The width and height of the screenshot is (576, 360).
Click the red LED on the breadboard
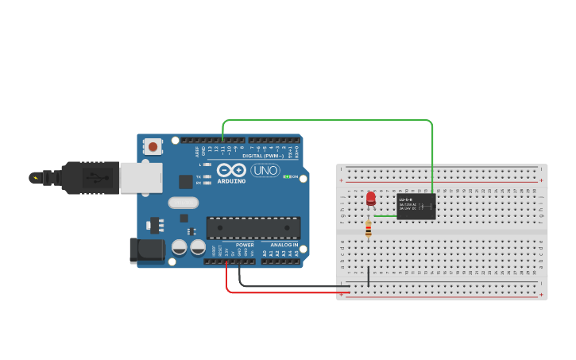coord(371,197)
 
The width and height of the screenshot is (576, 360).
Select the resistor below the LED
coord(368,230)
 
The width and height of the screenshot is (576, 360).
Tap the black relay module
coord(416,207)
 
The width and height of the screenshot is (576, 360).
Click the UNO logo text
coord(265,170)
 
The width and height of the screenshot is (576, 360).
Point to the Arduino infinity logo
coord(231,170)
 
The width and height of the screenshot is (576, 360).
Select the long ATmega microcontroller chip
coord(253,227)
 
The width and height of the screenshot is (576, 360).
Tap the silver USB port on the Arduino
coord(141,178)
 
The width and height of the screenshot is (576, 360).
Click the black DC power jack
coord(147,251)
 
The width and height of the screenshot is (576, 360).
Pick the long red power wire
coord(286,292)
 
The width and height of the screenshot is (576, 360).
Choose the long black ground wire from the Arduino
coord(294,285)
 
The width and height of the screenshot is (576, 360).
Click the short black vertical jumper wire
coord(368,277)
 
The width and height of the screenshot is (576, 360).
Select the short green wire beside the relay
coord(385,215)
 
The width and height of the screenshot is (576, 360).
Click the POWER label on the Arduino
coord(245,245)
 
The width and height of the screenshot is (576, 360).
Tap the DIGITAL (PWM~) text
coord(263,156)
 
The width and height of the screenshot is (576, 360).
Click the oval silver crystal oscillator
coord(183,203)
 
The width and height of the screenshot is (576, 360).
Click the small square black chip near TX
coord(185,181)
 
